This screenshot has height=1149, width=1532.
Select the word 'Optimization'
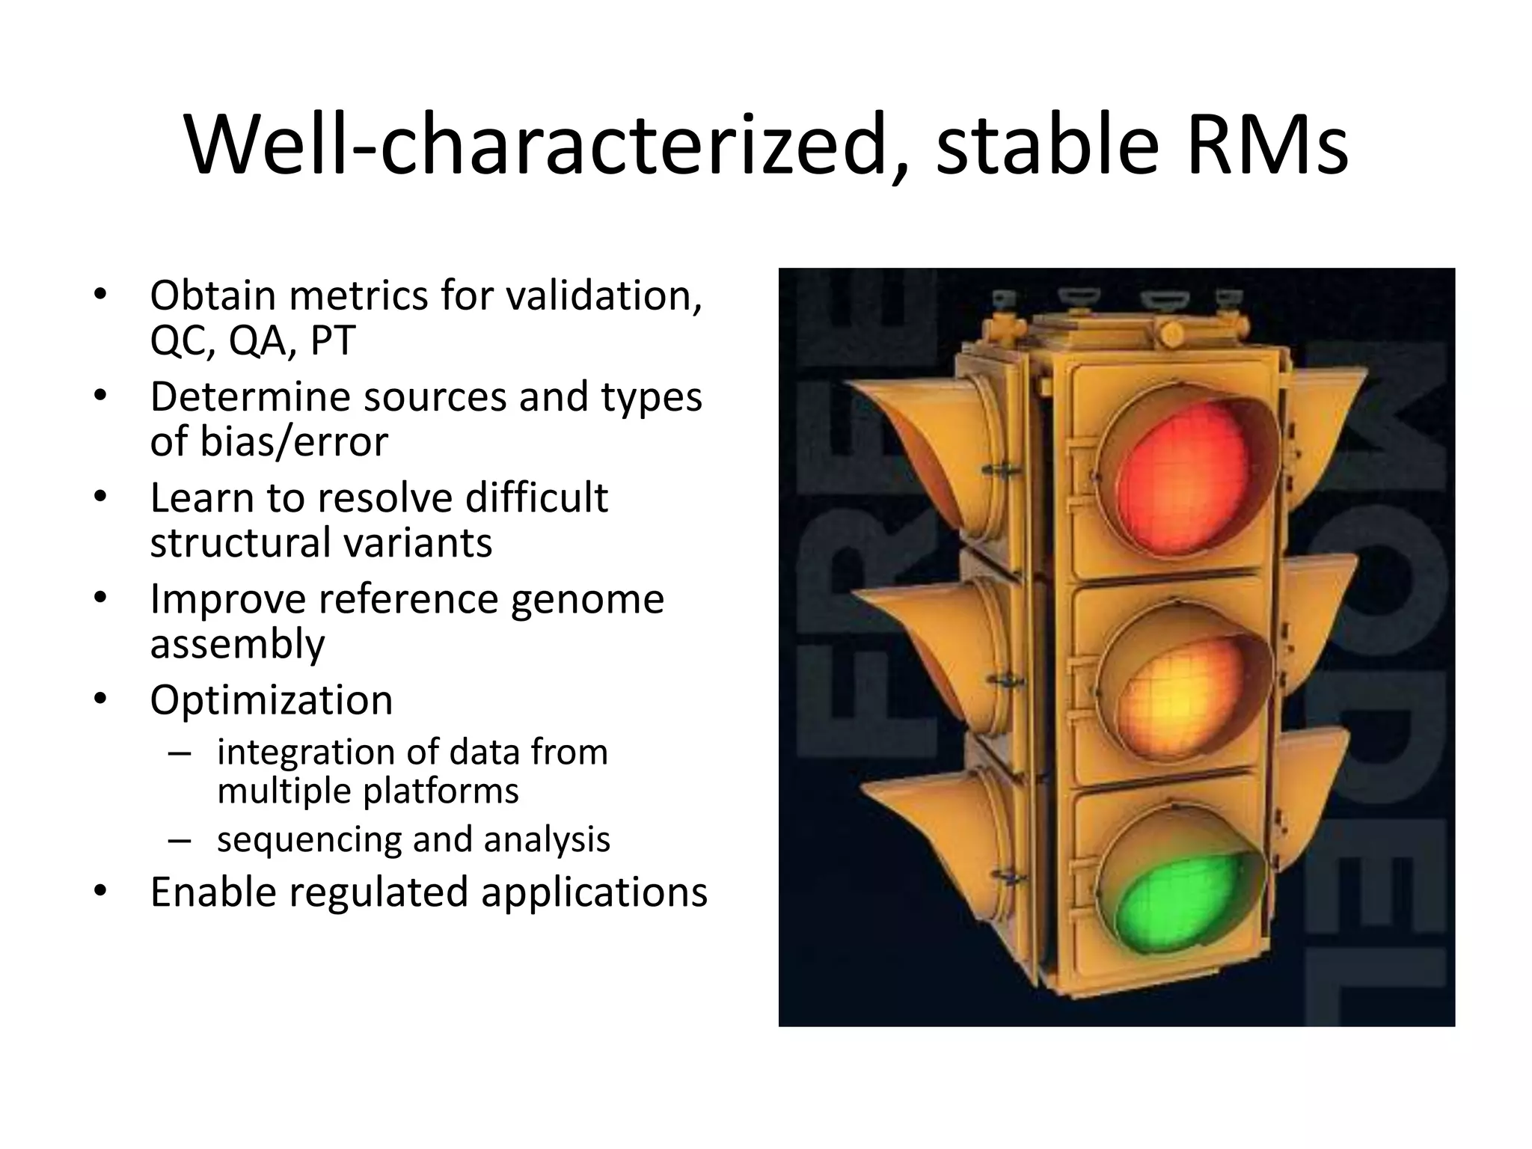271,700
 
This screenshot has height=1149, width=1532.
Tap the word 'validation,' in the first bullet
604,295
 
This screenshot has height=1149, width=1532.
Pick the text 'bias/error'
293,441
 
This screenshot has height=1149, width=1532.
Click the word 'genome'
587,598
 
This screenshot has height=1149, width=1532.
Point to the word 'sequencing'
308,839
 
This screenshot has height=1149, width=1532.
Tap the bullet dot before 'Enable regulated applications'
101,892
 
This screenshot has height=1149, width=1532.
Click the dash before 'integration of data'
180,753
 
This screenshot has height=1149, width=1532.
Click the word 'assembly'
237,644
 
